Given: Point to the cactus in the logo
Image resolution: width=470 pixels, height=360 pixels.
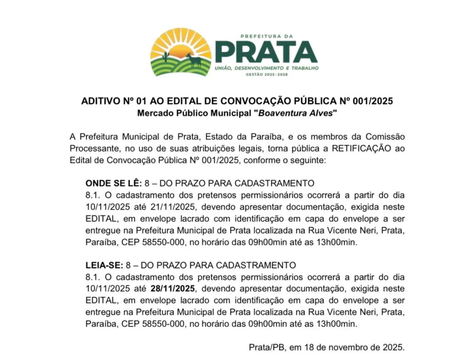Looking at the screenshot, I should (x=165, y=57).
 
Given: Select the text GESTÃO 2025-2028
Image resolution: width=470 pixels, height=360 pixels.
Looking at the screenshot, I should (x=266, y=74).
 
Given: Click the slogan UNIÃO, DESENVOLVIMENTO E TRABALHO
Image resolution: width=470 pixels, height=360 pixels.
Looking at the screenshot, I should (x=267, y=68).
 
